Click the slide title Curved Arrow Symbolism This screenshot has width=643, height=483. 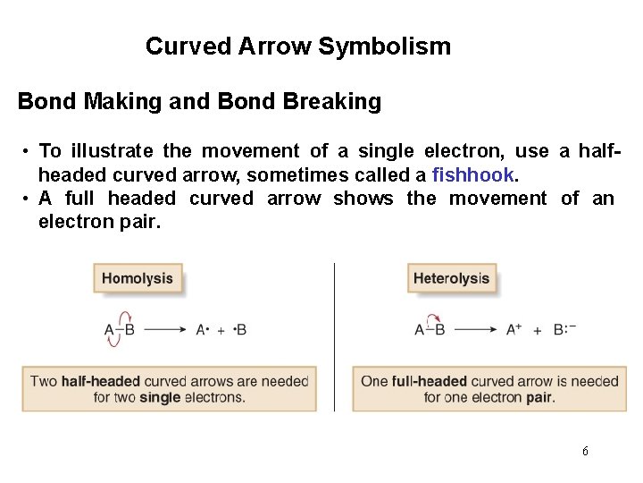point(298,46)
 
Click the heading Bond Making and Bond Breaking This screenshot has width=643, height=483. point(199,101)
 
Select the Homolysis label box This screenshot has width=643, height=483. point(138,278)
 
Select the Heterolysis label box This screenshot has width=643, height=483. point(451,278)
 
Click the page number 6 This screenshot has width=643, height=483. point(585,451)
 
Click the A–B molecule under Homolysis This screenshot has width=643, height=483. point(120,330)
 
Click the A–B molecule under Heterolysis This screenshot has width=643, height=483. point(430,330)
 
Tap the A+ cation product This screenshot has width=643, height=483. point(514,329)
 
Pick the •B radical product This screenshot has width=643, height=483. point(239,330)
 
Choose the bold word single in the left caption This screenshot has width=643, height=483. point(160,397)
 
